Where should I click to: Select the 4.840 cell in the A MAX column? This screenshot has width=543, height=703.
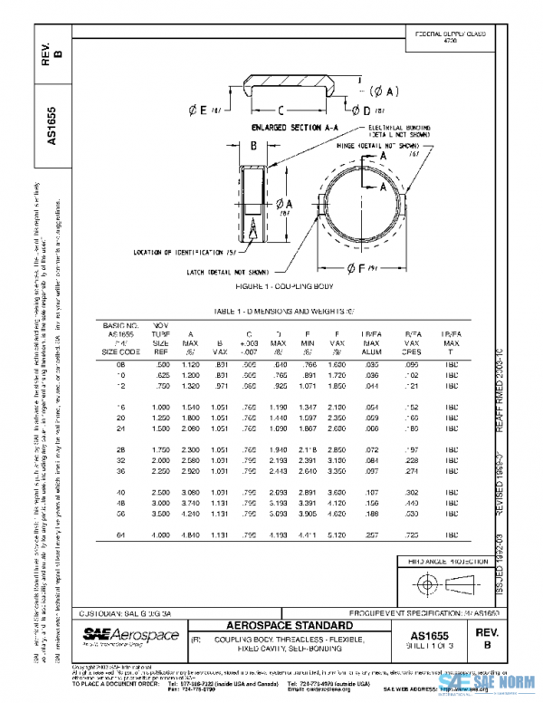click(191, 536)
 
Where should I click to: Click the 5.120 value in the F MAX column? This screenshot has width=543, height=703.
click(338, 536)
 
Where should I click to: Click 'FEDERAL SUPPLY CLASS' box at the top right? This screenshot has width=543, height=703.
click(450, 37)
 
